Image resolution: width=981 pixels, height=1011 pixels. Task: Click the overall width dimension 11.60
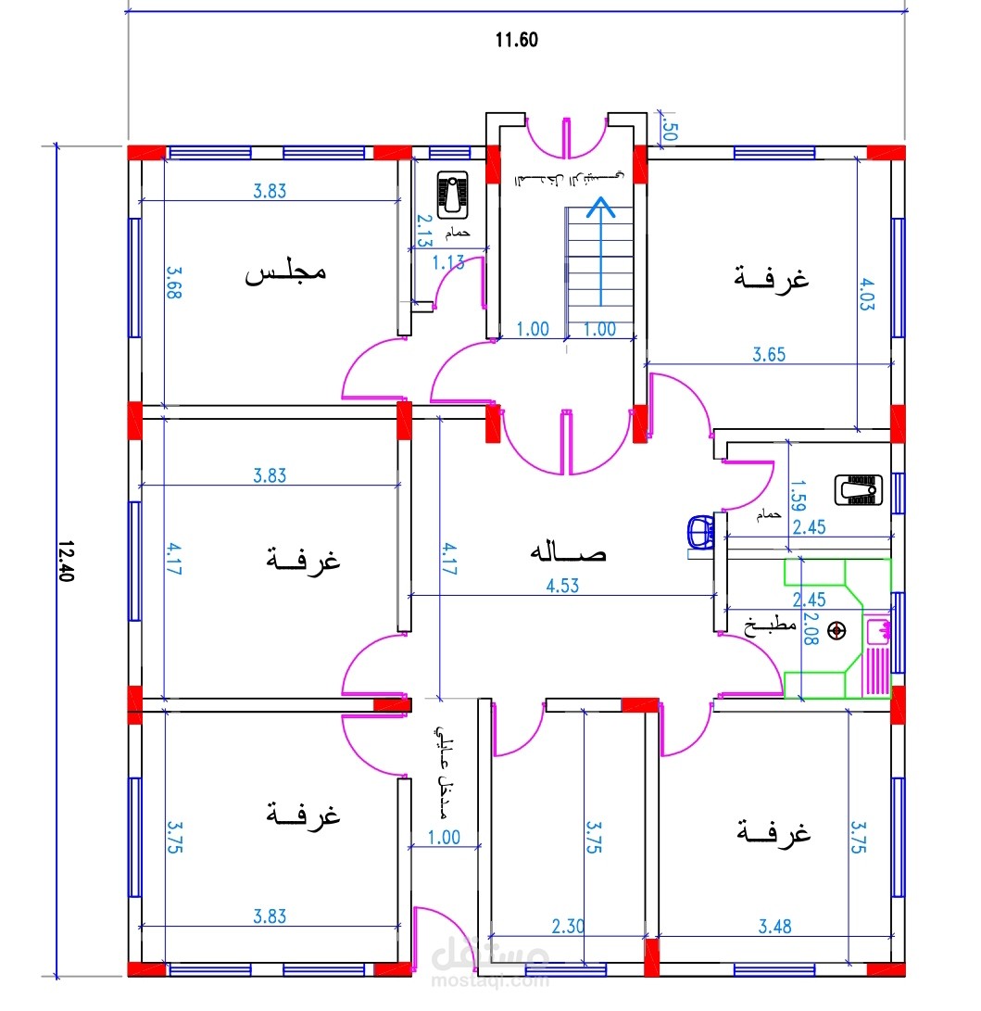(x=517, y=40)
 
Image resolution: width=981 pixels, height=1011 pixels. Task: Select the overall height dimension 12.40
(x=65, y=560)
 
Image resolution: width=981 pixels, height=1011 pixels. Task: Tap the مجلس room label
(x=285, y=273)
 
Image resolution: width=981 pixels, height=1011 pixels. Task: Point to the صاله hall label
(x=567, y=553)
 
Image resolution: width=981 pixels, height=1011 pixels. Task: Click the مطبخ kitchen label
(x=771, y=626)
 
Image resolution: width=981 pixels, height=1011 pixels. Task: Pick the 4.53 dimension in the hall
(x=562, y=586)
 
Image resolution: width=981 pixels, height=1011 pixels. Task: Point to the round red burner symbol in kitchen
(x=838, y=631)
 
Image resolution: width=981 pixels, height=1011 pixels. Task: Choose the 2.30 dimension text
(x=567, y=926)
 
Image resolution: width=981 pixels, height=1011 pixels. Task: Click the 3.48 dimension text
(x=774, y=926)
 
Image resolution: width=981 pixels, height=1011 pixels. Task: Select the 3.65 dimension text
(x=769, y=353)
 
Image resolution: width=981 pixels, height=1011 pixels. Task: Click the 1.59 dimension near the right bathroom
(x=798, y=496)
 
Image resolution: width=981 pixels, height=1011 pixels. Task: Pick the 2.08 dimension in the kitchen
(x=811, y=630)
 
